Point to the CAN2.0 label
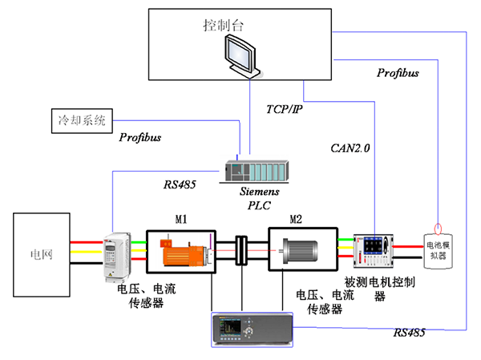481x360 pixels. tap(350, 148)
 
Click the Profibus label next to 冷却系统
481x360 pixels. tap(140, 137)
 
